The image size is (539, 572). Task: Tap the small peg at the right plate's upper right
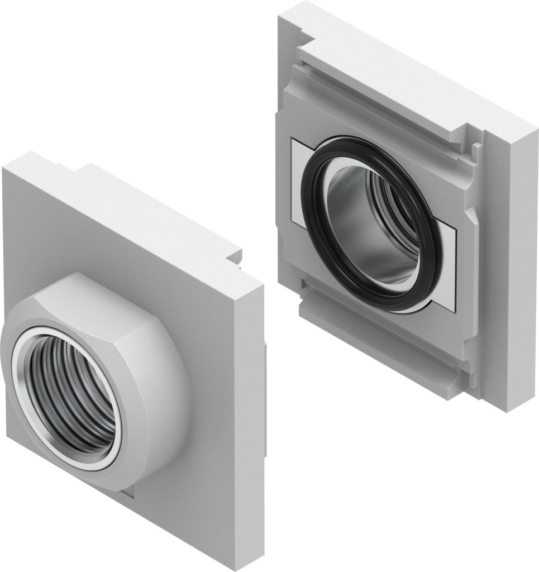click(x=476, y=148)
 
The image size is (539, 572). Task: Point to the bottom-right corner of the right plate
click(x=505, y=408)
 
